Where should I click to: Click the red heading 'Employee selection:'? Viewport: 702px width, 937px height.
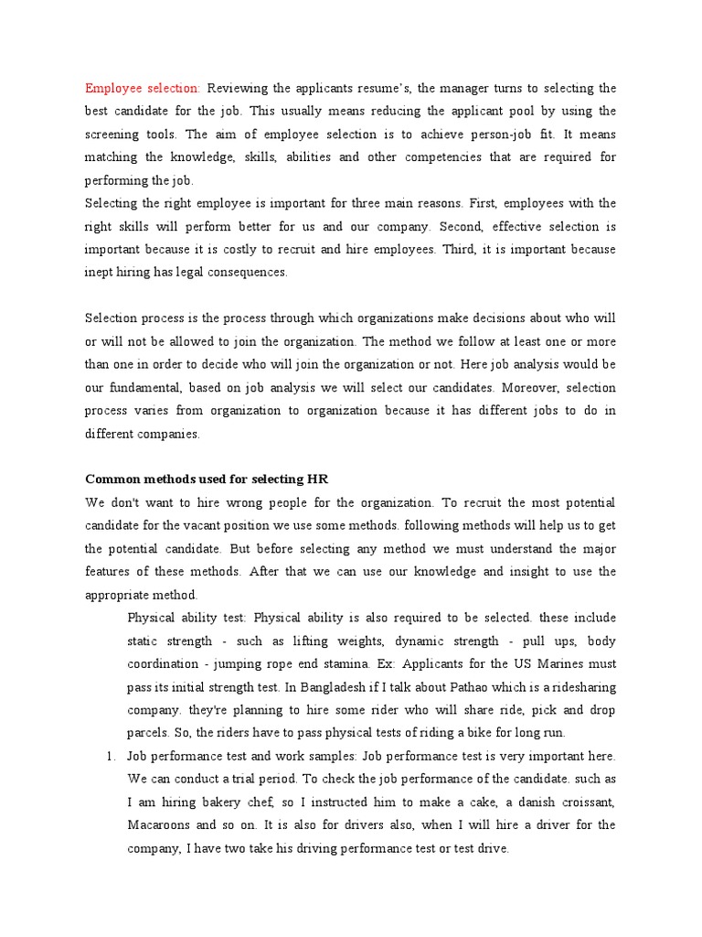[x=143, y=88]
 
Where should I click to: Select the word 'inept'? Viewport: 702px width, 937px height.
[x=100, y=272]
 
